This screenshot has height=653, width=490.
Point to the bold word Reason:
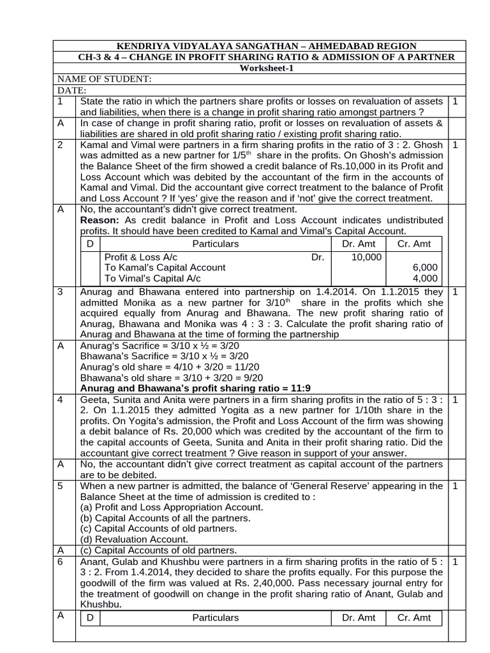101,220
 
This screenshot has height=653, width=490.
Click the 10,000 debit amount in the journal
366,257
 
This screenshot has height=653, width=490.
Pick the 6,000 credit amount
425,268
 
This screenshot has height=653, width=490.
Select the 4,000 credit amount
425,279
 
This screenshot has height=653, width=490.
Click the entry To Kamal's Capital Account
165,268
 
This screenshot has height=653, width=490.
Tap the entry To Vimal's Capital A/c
152,279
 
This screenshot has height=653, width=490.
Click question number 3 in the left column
60,291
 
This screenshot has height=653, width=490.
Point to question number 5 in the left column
60,487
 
